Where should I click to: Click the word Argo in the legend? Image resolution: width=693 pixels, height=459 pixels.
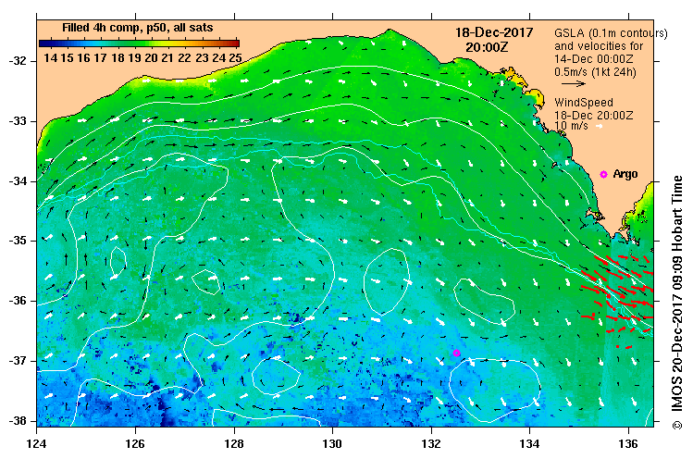[625, 174]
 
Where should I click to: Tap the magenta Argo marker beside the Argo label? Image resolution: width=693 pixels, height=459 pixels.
[603, 174]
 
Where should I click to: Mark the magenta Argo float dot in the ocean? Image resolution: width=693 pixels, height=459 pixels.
[457, 353]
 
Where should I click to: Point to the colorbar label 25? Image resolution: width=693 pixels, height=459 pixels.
[235, 57]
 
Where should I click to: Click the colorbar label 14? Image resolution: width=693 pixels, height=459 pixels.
[50, 57]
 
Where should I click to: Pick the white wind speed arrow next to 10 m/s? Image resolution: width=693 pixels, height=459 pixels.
[600, 126]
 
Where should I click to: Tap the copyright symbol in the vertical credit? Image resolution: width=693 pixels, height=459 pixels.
[677, 425]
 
